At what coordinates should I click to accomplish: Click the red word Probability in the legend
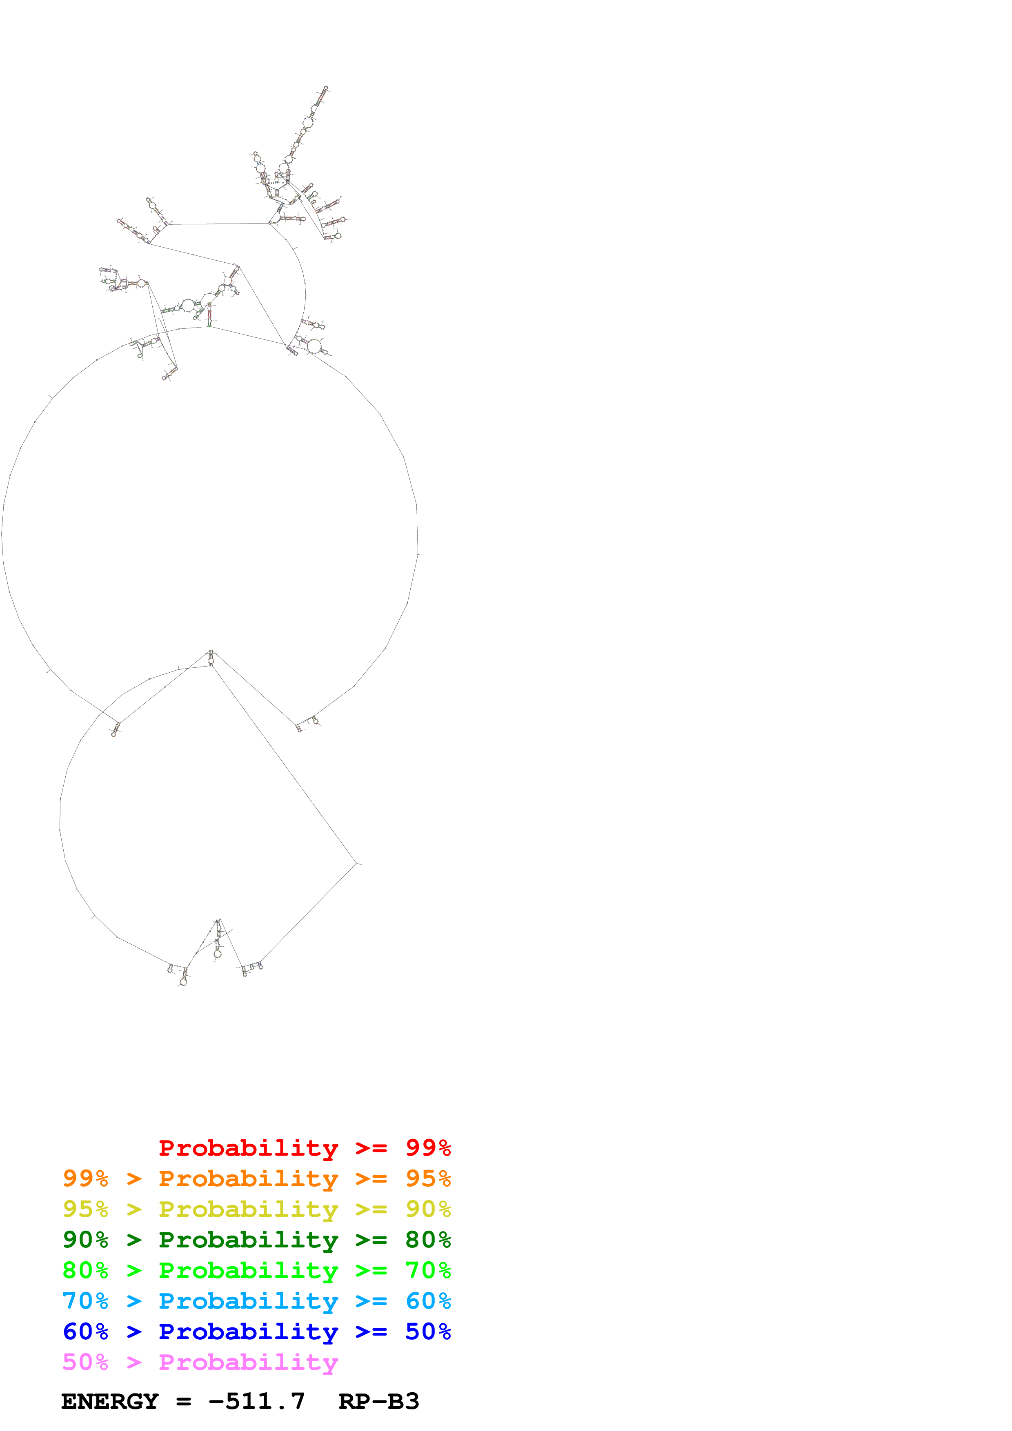click(248, 1148)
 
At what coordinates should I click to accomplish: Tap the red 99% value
click(428, 1148)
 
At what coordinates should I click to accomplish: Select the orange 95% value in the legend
click(428, 1178)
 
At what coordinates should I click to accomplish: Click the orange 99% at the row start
click(85, 1178)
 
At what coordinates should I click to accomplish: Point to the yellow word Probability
click(248, 1209)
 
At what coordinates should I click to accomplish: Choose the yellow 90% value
click(428, 1209)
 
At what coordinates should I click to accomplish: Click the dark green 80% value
click(428, 1240)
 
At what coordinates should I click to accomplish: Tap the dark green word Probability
click(248, 1240)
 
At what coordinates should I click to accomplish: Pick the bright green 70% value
click(428, 1270)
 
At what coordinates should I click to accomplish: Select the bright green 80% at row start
click(85, 1270)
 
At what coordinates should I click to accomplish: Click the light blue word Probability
click(248, 1301)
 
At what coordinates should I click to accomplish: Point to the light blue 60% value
click(428, 1301)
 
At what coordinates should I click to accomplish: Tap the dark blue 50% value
click(428, 1331)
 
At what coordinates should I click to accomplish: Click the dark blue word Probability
click(248, 1331)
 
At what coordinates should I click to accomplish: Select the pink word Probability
click(248, 1362)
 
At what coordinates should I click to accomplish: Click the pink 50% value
click(85, 1362)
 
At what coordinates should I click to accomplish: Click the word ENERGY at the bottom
click(110, 1401)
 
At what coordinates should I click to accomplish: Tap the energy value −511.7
click(256, 1401)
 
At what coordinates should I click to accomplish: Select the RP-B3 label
click(378, 1401)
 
